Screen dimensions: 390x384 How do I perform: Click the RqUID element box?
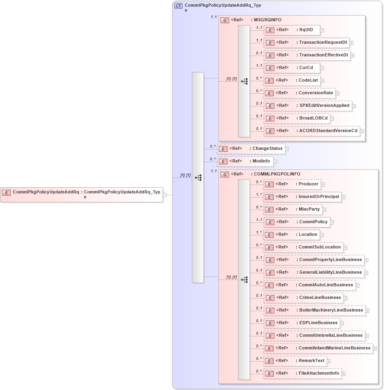(292, 30)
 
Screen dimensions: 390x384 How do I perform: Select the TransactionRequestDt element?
(306, 43)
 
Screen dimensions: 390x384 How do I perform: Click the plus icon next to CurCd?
(322, 68)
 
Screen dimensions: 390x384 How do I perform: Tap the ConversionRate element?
(299, 93)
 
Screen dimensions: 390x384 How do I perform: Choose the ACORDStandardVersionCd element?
(311, 131)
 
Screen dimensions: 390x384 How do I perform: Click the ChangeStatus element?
(251, 149)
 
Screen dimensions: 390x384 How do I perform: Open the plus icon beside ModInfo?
(275, 162)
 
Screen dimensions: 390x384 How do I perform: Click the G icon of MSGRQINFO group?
(225, 20)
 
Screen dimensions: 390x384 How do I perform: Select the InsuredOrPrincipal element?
(302, 197)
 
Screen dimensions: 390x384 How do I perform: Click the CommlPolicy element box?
(297, 222)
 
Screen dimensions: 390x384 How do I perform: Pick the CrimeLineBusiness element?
(303, 298)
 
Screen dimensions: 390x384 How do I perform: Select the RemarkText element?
(295, 361)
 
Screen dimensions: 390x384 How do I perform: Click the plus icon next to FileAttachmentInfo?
(343, 374)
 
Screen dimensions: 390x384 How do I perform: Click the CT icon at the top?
(178, 6)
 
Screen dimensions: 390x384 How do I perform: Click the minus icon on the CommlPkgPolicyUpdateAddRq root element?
(165, 195)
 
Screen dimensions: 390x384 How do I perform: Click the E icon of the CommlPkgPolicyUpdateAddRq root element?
(6, 192)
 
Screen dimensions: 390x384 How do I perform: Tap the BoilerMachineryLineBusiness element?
(314, 310)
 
